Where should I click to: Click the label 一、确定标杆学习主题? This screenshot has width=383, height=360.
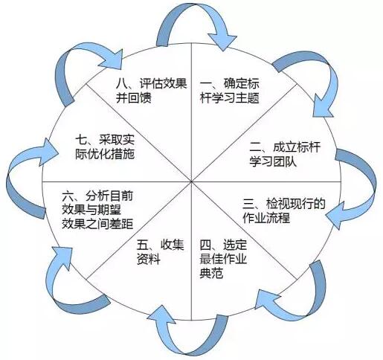pos(229,91)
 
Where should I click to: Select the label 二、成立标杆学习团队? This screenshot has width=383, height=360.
pos(285,154)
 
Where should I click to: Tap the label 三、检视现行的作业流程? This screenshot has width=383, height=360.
pos(283,210)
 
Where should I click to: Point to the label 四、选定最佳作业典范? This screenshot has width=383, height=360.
pos(223,259)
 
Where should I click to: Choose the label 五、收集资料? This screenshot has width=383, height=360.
pos(161,252)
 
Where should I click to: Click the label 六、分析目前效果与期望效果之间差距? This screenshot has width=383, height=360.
pos(97,210)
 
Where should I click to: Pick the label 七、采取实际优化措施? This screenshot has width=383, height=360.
pos(105,147)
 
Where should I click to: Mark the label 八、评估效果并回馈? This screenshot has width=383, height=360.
pos(151,91)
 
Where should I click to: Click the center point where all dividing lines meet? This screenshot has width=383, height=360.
pos(191,181)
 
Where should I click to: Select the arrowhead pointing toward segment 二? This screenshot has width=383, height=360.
pos(322,106)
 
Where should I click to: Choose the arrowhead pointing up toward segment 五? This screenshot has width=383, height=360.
pos(161,315)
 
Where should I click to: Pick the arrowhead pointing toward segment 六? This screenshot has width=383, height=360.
pos(62,258)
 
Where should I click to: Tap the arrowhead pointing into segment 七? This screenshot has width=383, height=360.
pos(50,152)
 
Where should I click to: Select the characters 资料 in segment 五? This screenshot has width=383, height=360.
pos(149,259)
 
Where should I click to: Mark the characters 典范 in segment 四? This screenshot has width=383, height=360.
pos(211,273)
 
